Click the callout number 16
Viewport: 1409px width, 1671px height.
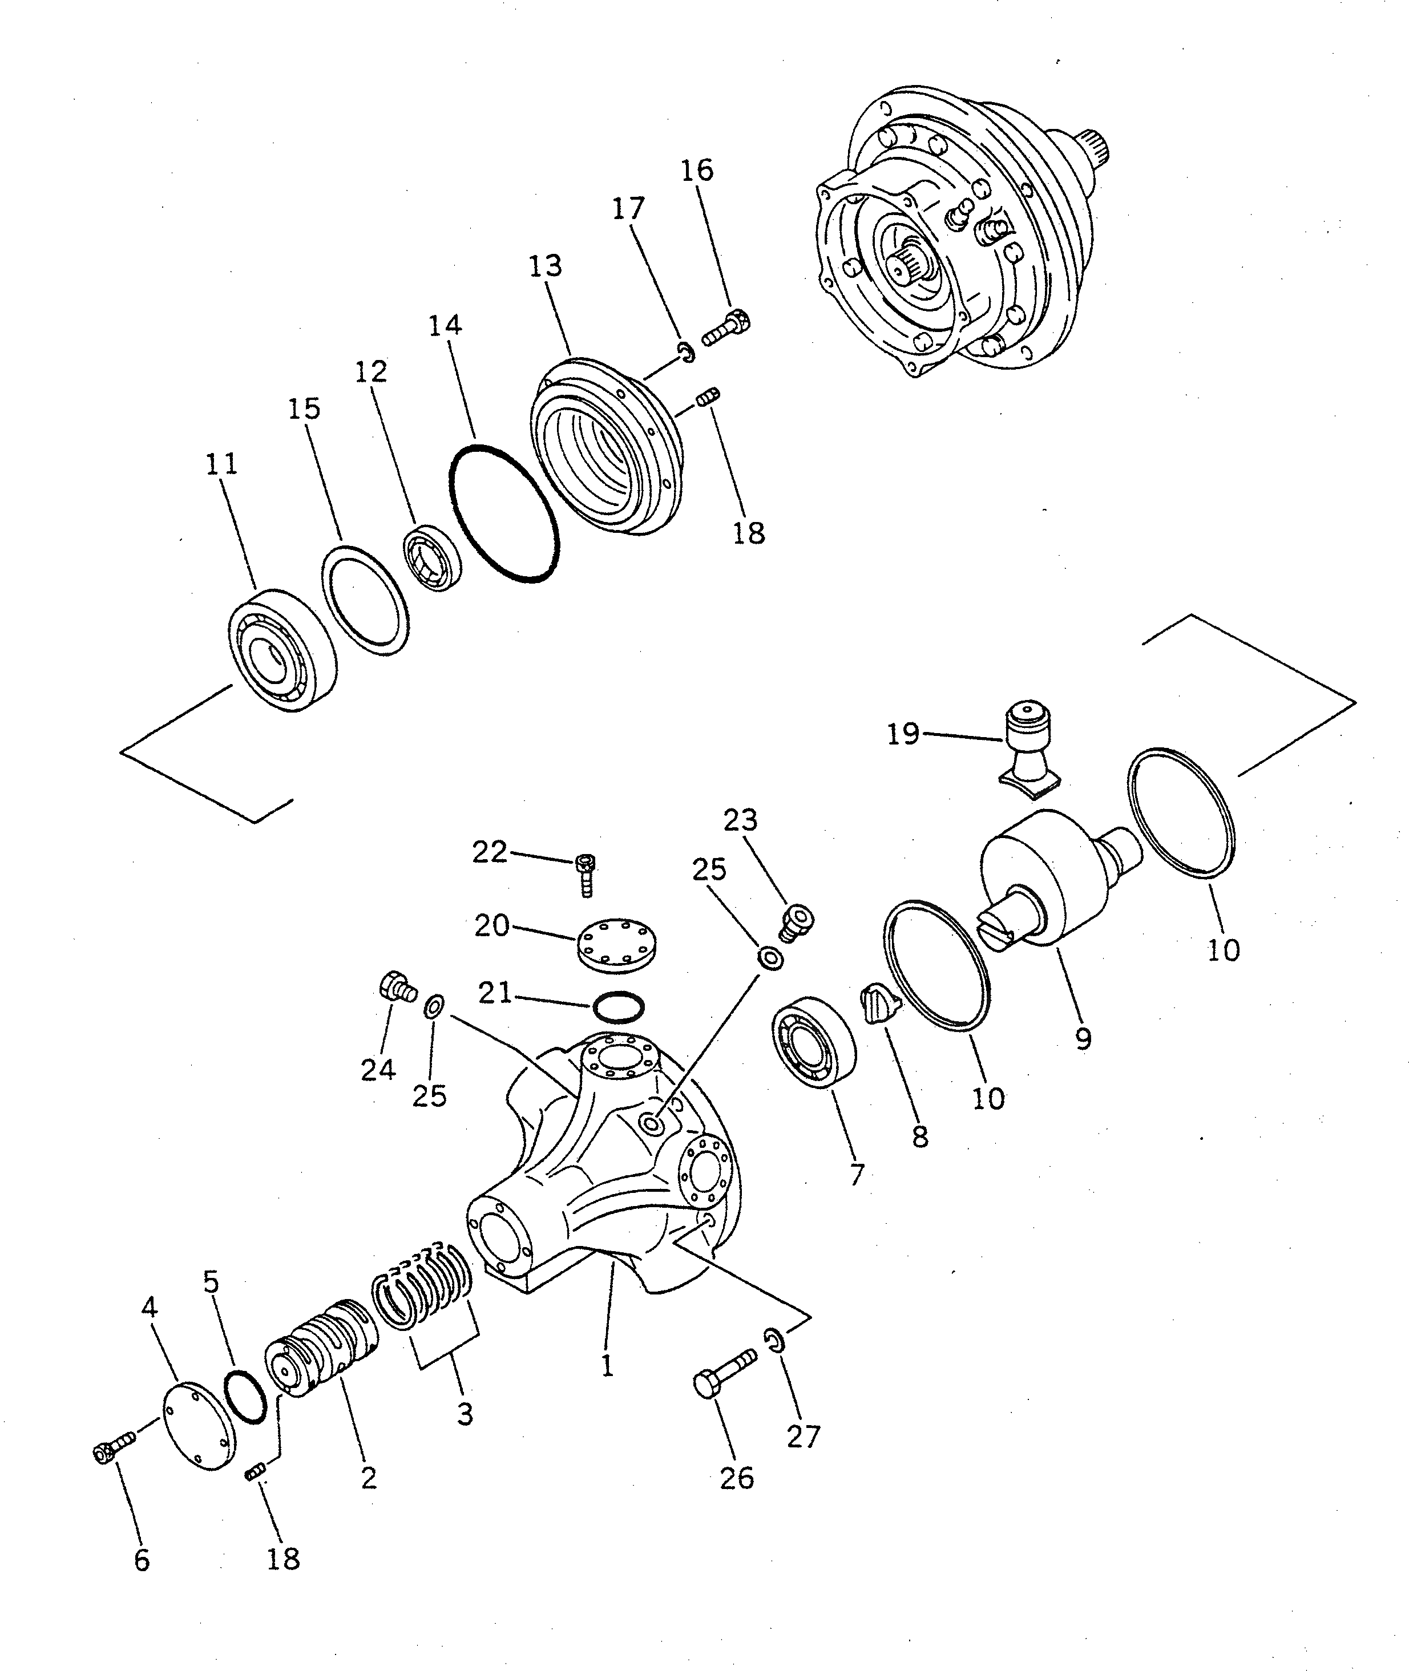tap(697, 170)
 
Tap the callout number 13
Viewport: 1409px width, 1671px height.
tap(546, 266)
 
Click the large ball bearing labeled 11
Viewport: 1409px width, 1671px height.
tap(281, 650)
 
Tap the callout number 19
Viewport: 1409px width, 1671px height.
tap(903, 734)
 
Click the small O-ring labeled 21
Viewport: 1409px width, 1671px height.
tap(619, 1008)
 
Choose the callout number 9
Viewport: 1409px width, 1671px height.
tap(1083, 1039)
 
